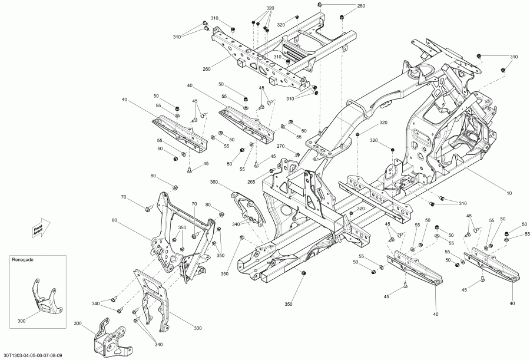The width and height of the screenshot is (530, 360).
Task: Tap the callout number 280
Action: pos(360,6)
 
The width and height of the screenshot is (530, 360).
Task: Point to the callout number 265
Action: pos(251,182)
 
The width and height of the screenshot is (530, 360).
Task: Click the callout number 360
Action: pos(214,183)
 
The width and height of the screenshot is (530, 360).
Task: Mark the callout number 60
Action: pos(114,220)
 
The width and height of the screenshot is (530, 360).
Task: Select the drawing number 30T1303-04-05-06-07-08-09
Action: pos(32,355)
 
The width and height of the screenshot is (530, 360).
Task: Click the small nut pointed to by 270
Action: pos(298,154)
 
